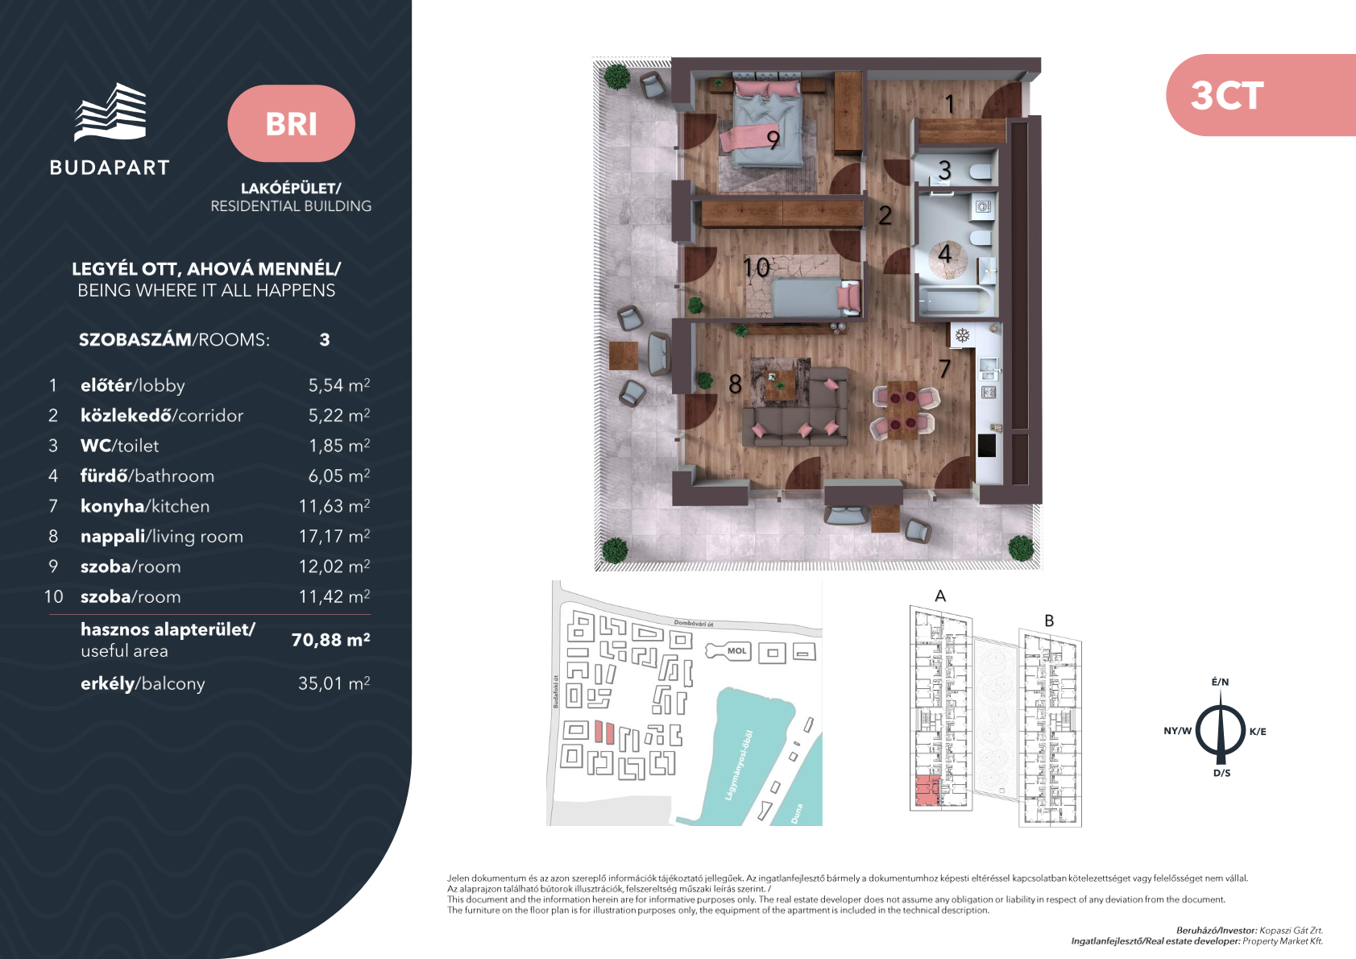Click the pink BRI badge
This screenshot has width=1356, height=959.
[291, 123]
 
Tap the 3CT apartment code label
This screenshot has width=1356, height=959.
[1226, 96]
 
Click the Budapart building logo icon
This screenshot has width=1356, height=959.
[110, 112]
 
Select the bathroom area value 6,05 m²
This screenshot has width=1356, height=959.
[339, 475]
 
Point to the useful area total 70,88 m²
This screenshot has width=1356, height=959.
[330, 639]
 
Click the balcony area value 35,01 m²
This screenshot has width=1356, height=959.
[334, 683]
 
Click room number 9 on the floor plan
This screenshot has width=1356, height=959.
[773, 140]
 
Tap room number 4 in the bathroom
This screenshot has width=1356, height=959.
[944, 253]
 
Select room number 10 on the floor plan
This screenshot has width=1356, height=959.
[756, 267]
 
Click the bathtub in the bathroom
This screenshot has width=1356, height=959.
[956, 300]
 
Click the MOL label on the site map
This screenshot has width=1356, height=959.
[736, 651]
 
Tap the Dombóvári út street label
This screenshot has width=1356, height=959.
[693, 624]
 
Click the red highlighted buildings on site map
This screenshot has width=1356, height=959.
[604, 732]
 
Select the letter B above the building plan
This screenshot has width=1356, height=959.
[1049, 621]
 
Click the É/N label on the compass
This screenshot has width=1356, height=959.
[1220, 682]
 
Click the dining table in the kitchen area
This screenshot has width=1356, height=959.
[902, 410]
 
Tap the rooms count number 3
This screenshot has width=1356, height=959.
[325, 339]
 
